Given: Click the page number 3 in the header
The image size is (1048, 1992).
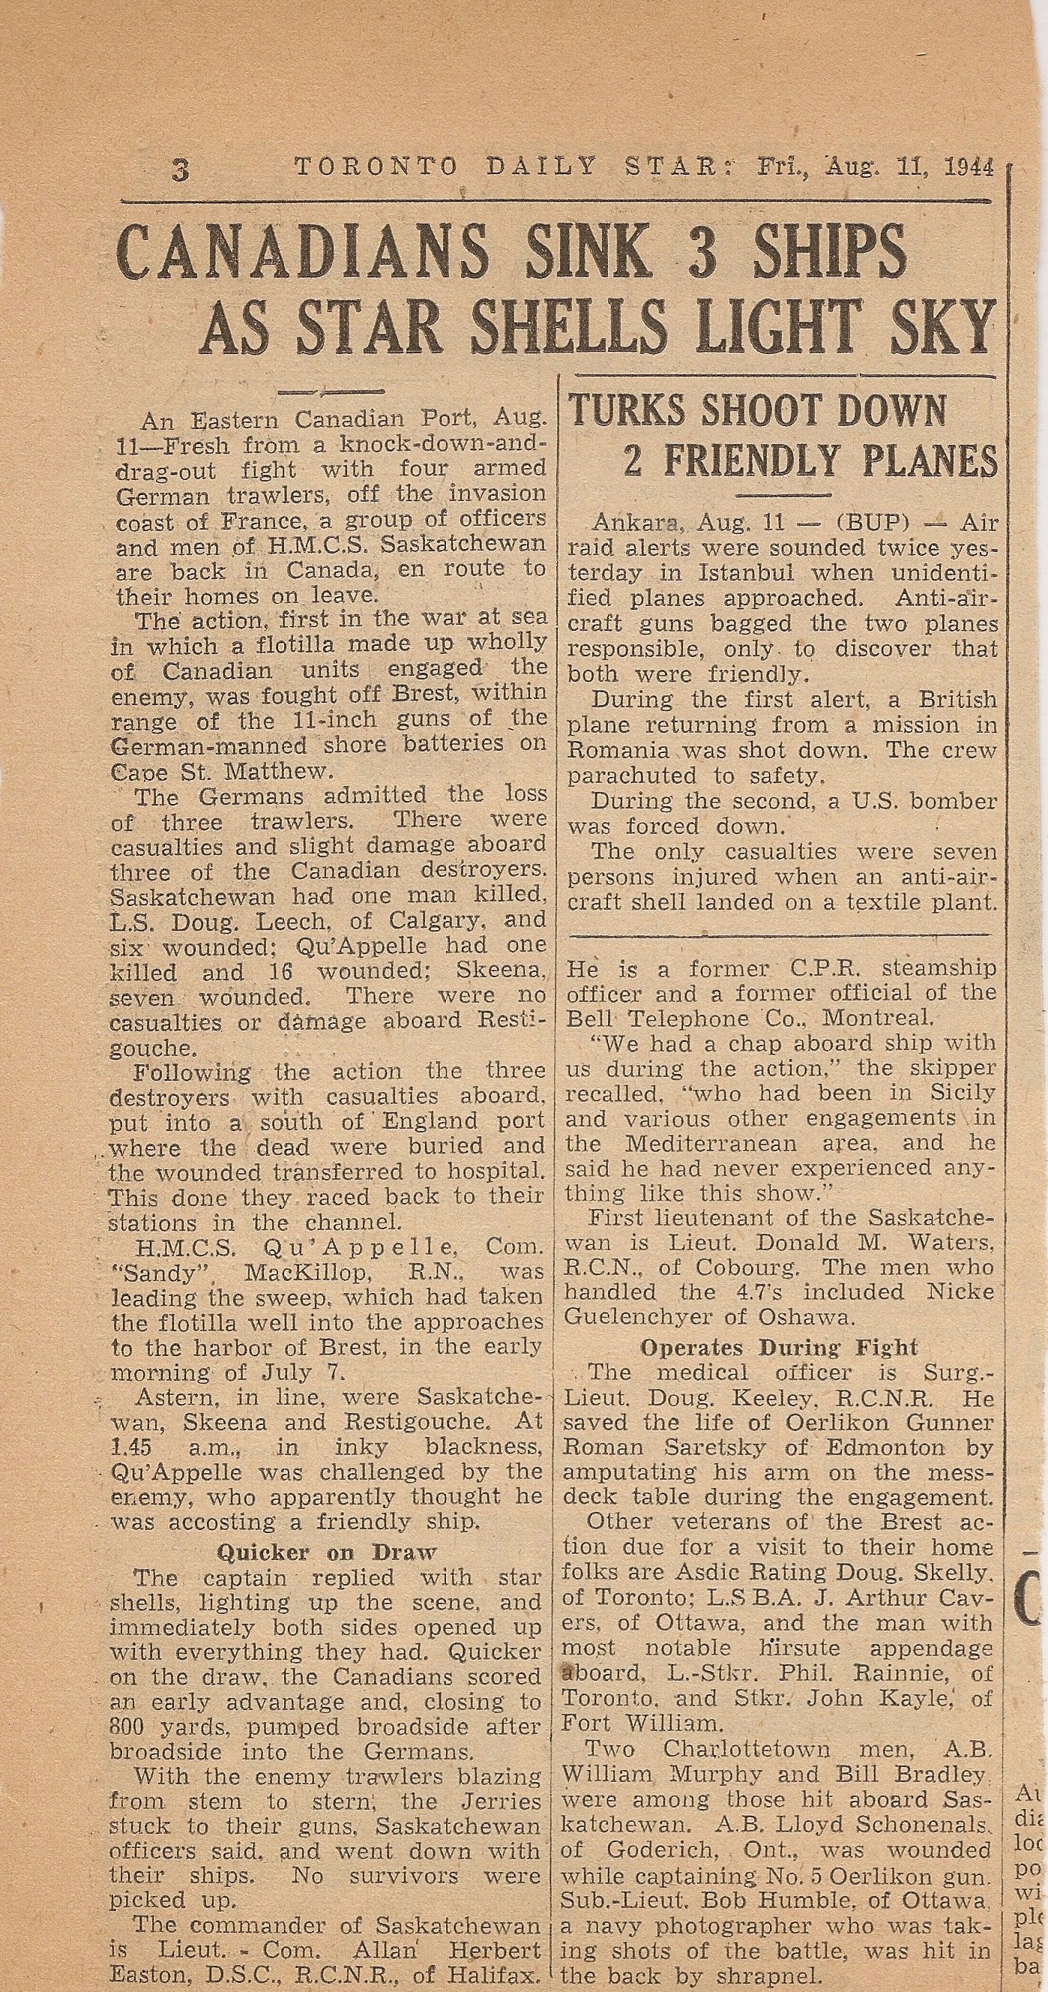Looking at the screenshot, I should pos(180,169).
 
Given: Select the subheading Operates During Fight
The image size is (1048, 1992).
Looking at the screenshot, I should pos(779,1347).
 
